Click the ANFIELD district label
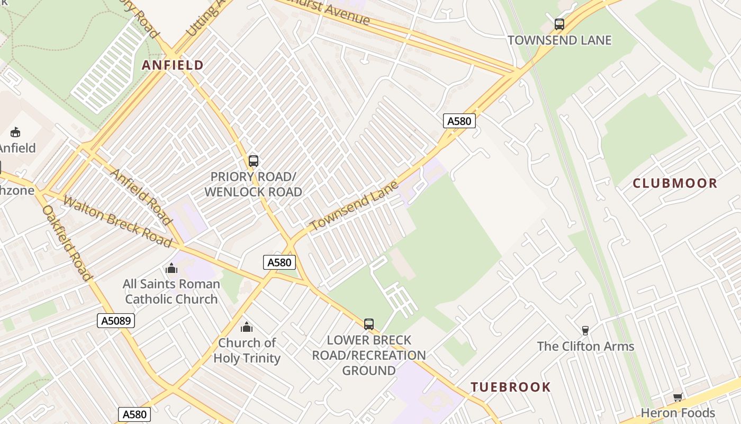pos(173,65)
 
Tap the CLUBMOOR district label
pos(675,183)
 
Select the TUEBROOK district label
pos(511,387)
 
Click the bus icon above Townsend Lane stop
pos(559,24)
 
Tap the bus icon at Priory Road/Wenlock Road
pos(254,161)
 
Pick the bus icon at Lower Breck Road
pos(369,324)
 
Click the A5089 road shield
pos(116,320)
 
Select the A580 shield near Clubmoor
pos(459,121)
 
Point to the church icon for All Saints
pos(171,268)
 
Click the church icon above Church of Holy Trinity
pos(247,327)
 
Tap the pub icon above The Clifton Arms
pos(585,330)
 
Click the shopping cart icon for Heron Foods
pos(677,397)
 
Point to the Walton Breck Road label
pos(118,222)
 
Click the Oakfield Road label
pos(67,243)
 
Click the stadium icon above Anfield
pos(15,132)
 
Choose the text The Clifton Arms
pos(585,347)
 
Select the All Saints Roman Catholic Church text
pos(171,291)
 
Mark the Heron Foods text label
pos(677,413)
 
